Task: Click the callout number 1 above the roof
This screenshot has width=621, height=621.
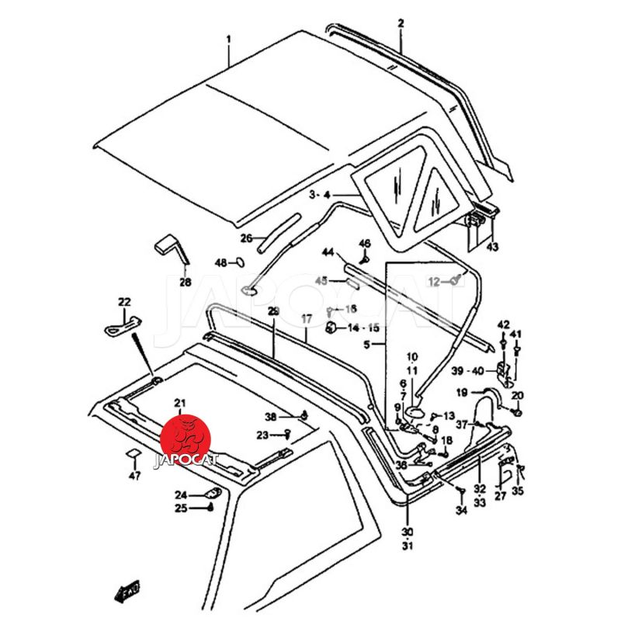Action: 229,38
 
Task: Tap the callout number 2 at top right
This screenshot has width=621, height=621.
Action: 401,24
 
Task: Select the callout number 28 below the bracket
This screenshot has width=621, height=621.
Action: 185,283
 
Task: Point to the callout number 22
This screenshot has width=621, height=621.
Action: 124,302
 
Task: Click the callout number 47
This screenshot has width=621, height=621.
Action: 135,476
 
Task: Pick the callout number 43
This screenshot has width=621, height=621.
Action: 493,248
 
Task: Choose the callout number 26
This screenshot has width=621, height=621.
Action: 246,238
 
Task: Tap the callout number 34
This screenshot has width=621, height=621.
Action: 461,510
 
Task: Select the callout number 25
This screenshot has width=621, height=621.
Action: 181,508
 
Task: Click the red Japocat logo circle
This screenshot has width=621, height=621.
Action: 186,439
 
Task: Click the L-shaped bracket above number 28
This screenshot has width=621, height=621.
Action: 170,250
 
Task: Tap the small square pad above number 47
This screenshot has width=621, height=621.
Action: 133,455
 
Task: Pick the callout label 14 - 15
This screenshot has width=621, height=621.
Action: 363,328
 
